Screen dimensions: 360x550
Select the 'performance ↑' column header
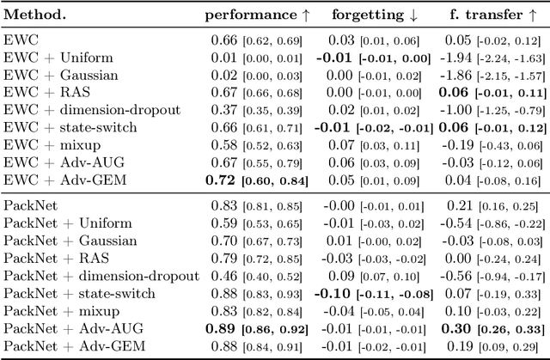tap(256, 15)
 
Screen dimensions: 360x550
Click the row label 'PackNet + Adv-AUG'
tap(74, 329)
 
